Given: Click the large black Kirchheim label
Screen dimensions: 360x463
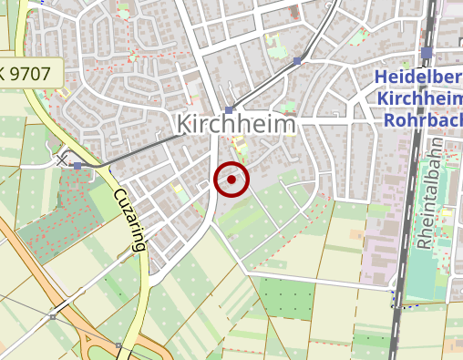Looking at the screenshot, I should tap(236, 125).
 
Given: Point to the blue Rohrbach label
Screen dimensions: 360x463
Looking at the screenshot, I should tap(423, 119).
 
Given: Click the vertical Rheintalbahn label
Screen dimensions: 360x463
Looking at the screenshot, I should tap(425, 215).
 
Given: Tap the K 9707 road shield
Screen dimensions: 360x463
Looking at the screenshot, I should tap(29, 73).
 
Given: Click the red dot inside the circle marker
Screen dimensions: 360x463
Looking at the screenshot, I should tap(231, 180).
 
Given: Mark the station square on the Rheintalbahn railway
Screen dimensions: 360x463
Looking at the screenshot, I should tap(426, 53).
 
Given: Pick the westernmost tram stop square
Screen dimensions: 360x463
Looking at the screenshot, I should tap(78, 165).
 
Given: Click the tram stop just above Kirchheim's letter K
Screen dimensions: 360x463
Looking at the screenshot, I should tap(229, 109).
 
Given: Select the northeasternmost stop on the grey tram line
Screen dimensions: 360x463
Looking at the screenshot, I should tap(297, 61).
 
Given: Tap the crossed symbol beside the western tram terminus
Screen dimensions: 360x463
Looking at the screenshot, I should tap(62, 159).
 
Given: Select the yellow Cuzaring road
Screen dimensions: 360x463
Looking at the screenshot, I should tap(137, 273).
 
